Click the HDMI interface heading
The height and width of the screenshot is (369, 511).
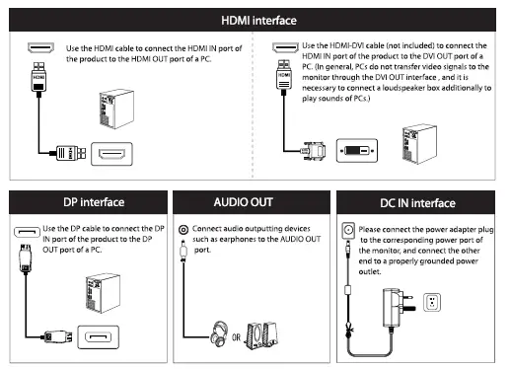(256, 20)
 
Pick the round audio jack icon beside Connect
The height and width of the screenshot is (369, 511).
(182, 230)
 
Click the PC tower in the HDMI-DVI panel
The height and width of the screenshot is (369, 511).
(413, 141)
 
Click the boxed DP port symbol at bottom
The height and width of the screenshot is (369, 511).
(102, 341)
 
